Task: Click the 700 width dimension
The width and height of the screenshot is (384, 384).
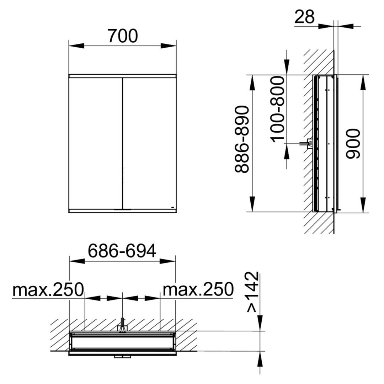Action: click(123, 36)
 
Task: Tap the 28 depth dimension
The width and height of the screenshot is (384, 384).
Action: click(304, 17)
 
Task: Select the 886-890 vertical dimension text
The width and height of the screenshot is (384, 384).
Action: click(242, 139)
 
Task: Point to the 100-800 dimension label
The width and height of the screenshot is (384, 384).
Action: click(278, 109)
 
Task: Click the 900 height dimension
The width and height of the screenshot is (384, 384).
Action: click(353, 144)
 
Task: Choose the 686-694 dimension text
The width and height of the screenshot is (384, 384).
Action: click(122, 251)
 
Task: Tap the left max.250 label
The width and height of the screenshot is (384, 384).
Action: click(48, 290)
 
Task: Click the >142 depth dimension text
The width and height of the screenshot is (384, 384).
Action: click(252, 292)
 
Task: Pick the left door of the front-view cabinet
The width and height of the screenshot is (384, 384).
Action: click(95, 143)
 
